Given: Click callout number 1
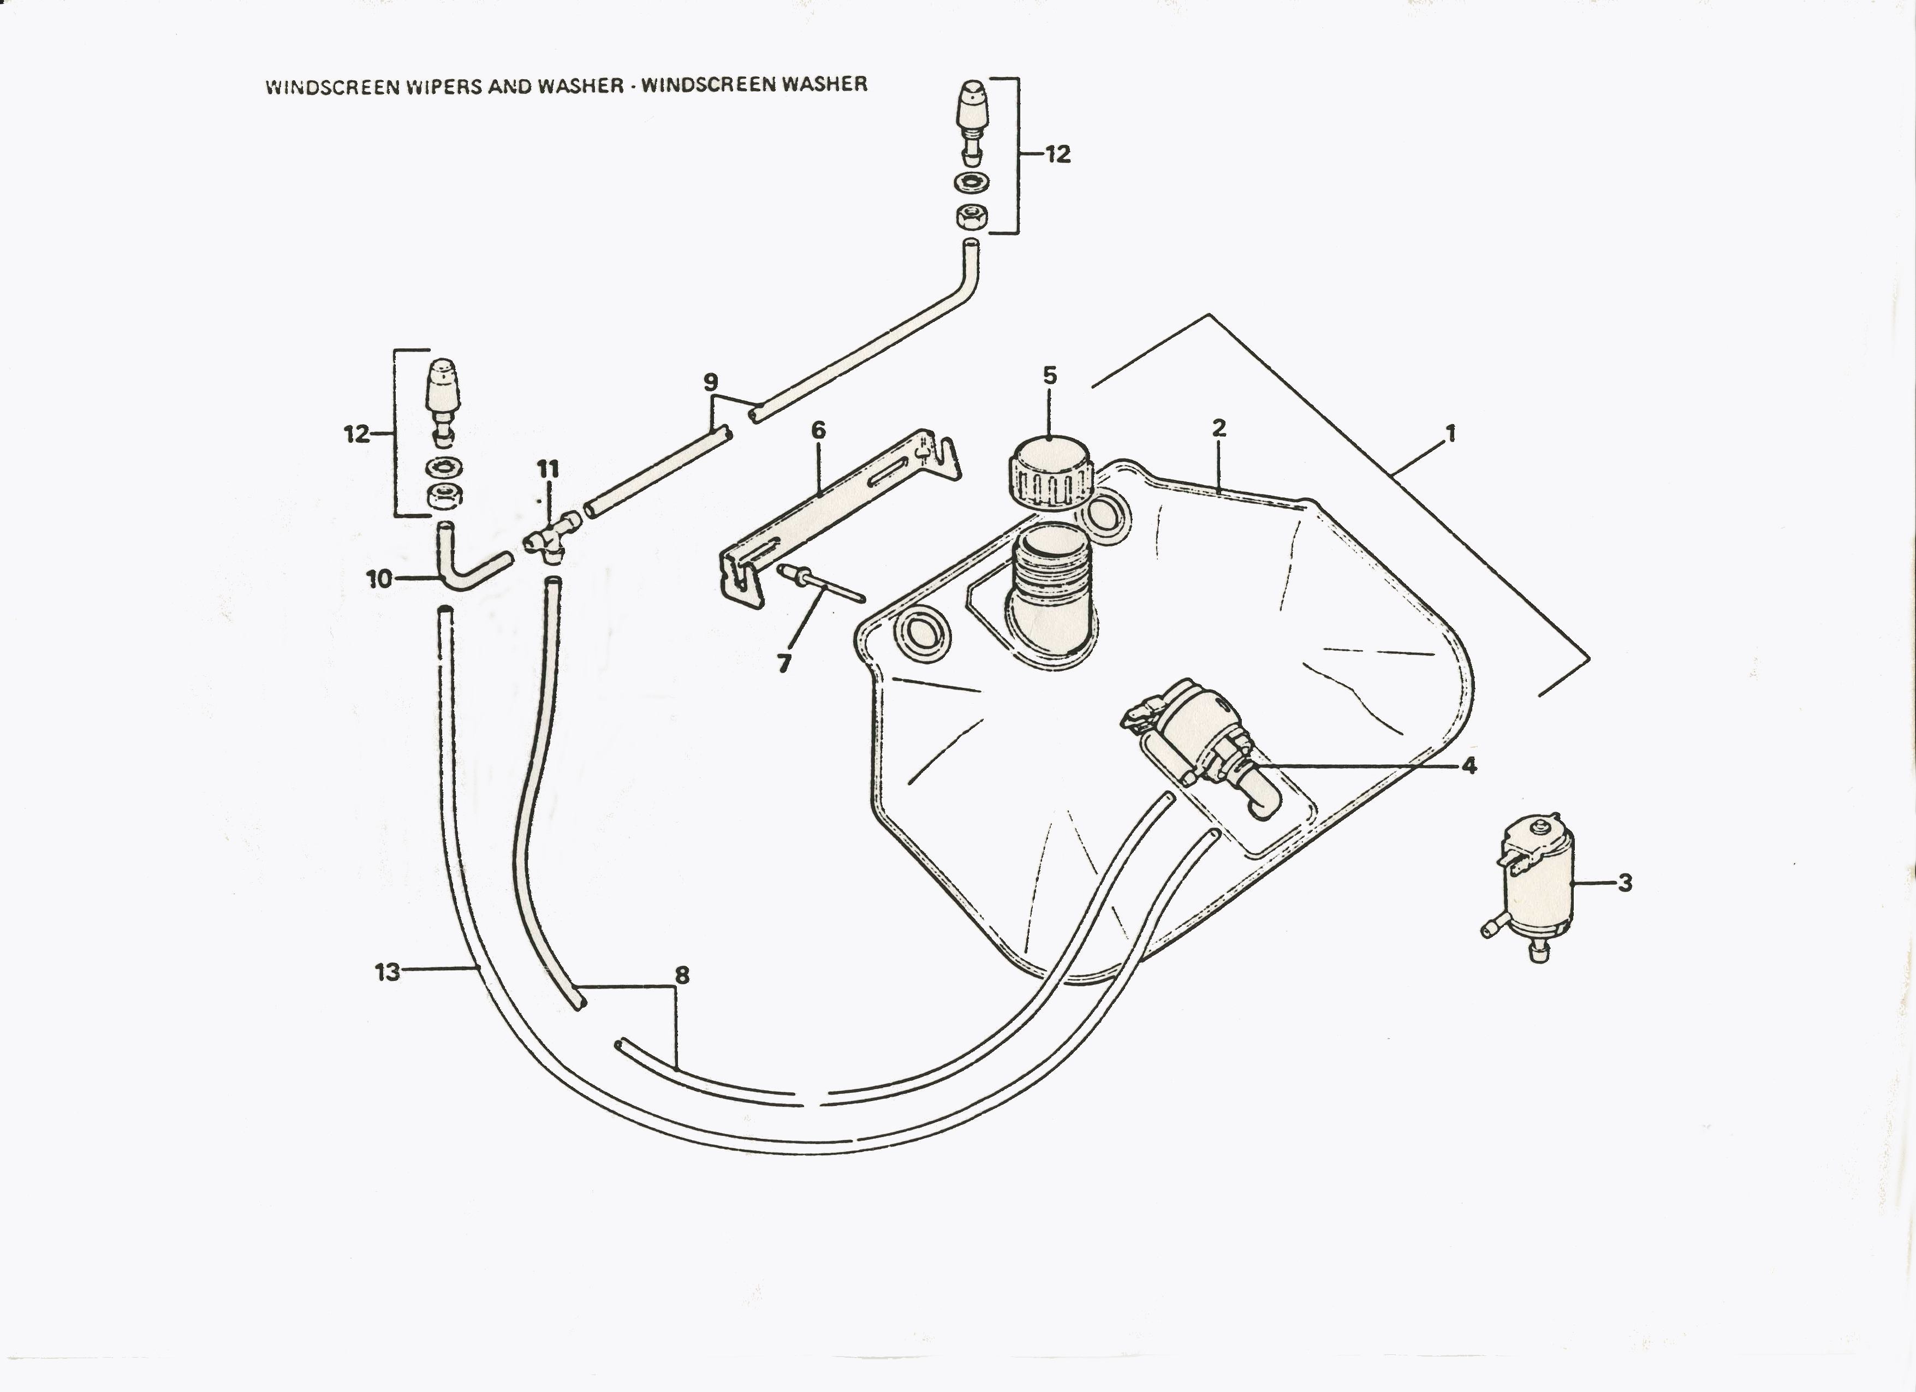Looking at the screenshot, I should tap(1450, 434).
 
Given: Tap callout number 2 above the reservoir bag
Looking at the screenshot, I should tap(1218, 428).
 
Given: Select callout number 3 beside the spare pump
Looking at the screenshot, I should tap(1625, 884).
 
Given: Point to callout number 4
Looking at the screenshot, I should tap(1469, 765).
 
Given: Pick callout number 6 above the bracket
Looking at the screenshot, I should tap(818, 431).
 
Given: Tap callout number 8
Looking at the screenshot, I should tap(682, 975).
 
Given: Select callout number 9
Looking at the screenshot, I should tap(711, 383).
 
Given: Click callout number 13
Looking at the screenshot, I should tap(387, 972).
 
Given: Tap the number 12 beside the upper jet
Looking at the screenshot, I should tap(1058, 154).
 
